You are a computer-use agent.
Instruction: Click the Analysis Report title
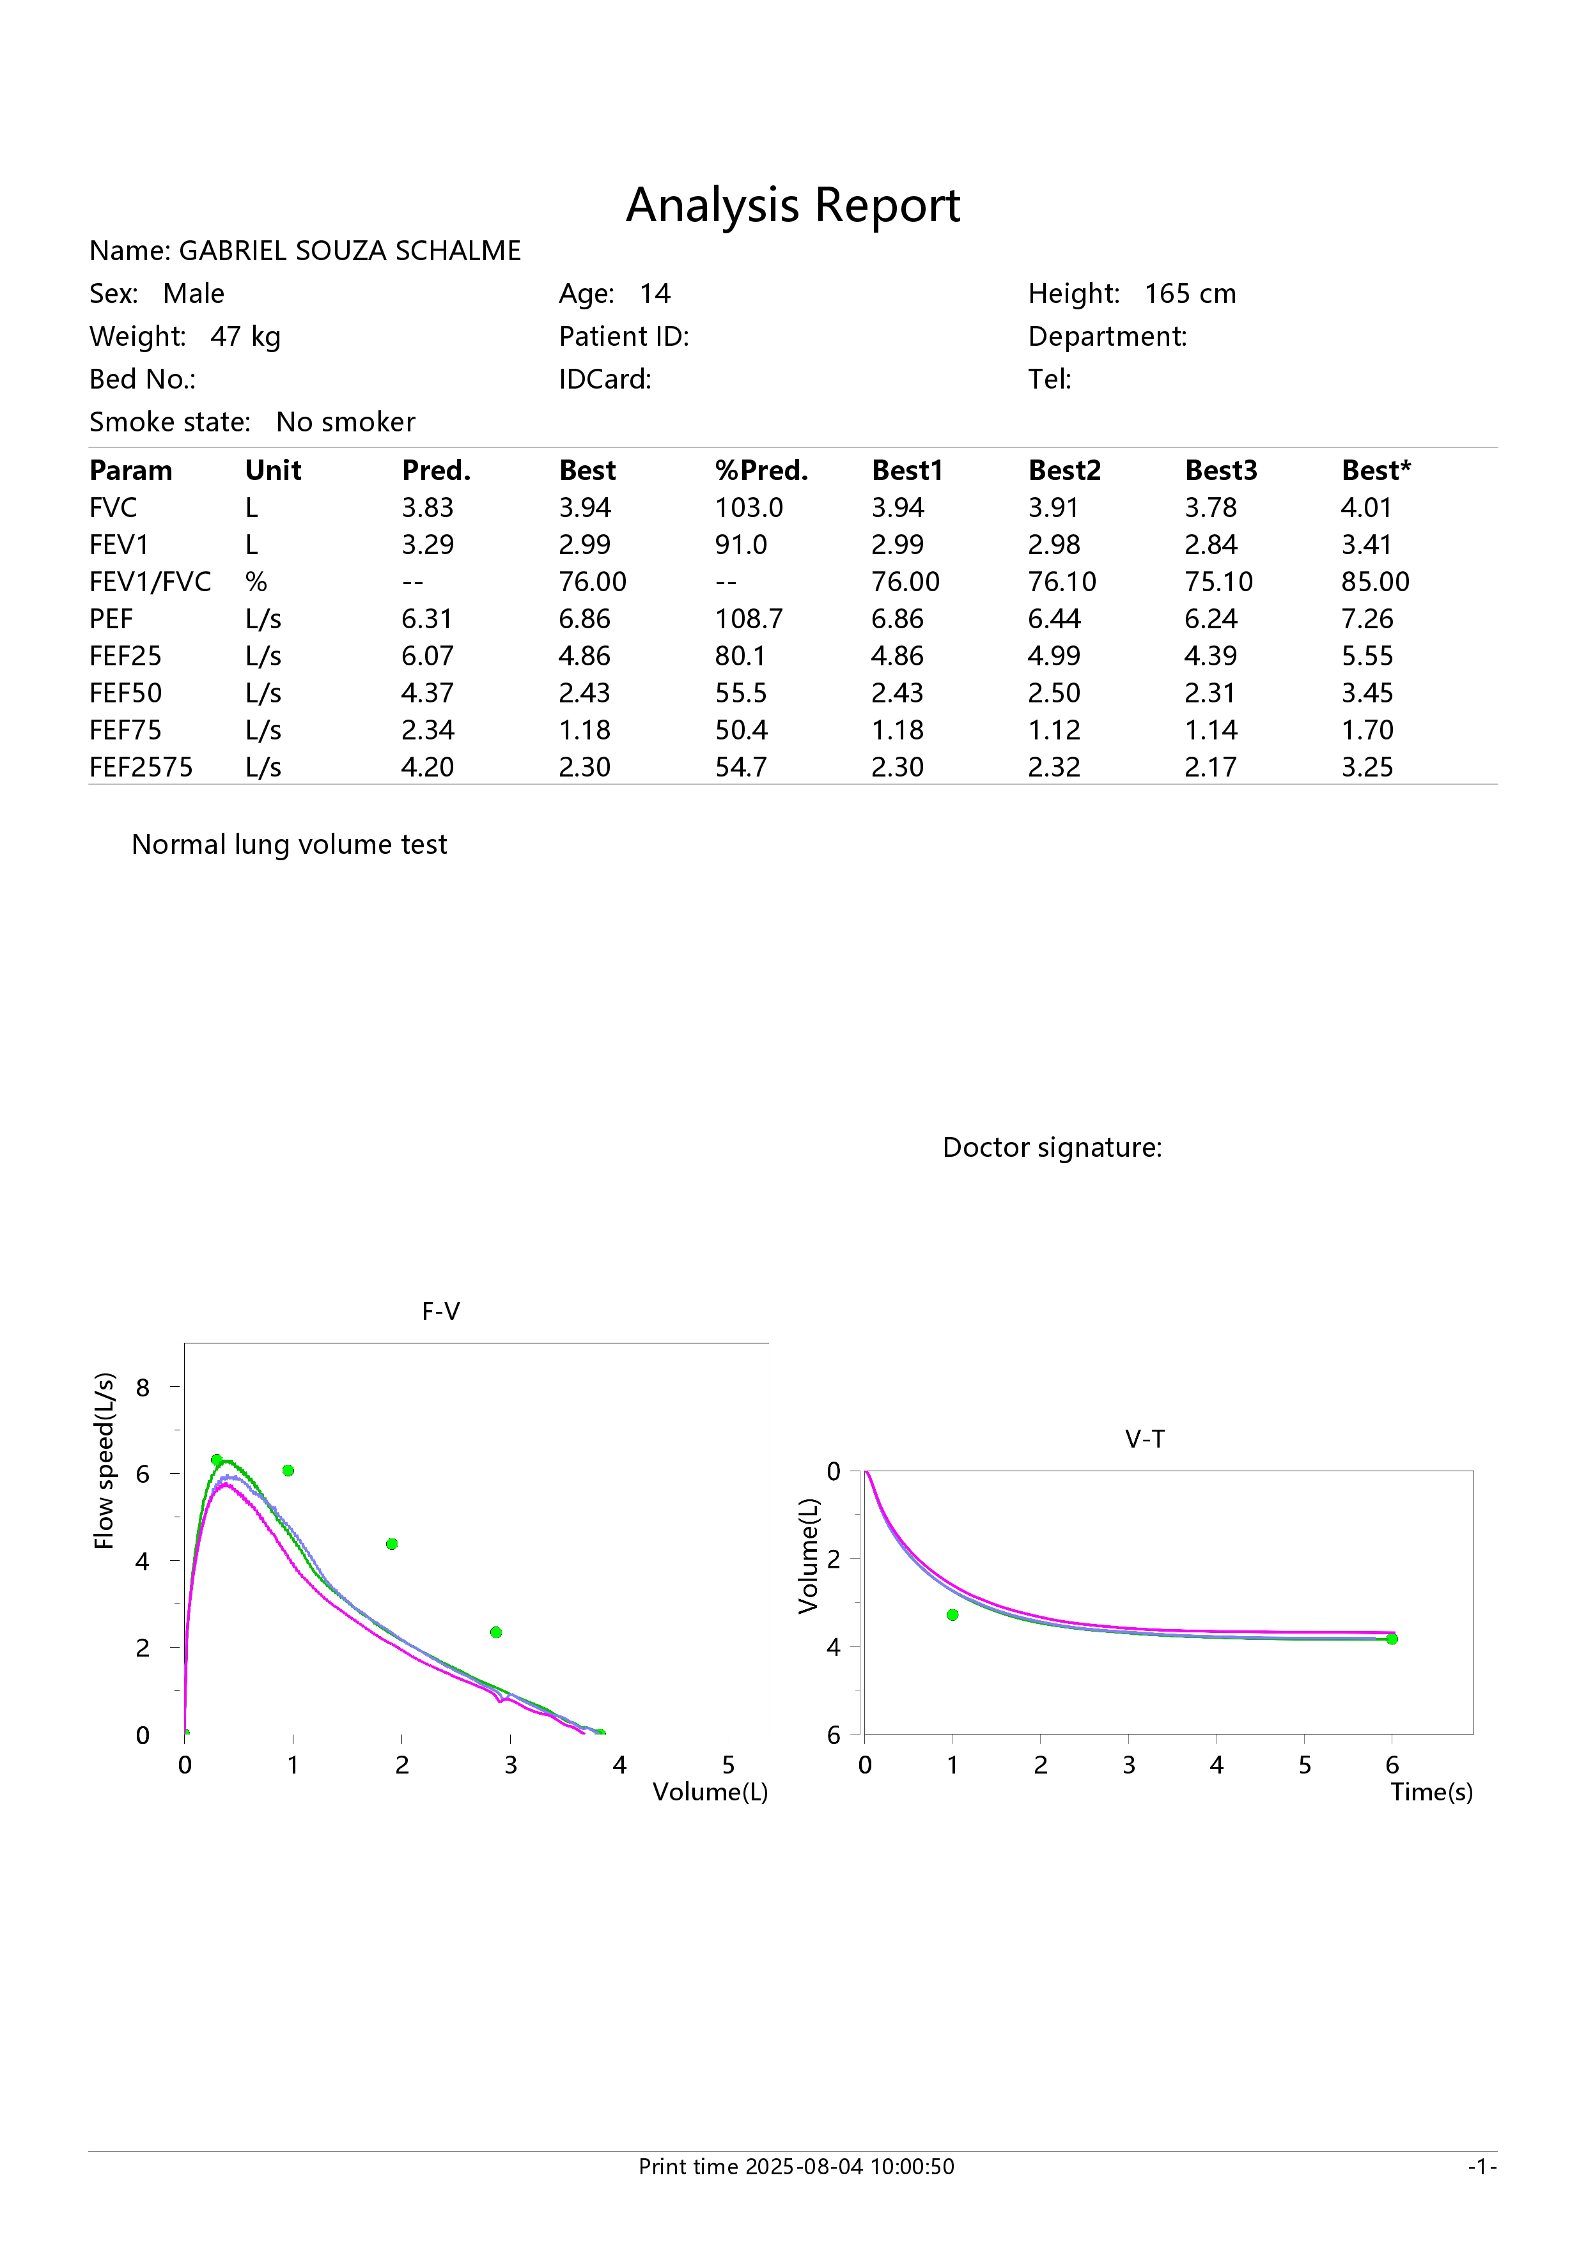click(x=793, y=205)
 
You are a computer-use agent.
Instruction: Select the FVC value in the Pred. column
click(x=428, y=507)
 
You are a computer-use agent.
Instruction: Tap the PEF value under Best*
click(x=1367, y=619)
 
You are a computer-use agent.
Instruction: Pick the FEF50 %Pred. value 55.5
click(x=742, y=693)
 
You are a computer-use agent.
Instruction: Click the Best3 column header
click(x=1221, y=470)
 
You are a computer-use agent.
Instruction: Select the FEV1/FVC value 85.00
click(x=1375, y=582)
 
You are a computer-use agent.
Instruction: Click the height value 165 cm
click(x=1190, y=294)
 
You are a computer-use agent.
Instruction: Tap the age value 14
click(x=655, y=294)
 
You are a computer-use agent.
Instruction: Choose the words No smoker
click(x=346, y=422)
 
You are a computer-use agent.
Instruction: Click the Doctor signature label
click(x=1052, y=1147)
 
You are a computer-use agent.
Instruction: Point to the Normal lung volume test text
click(x=289, y=845)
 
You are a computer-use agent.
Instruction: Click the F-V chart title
click(x=440, y=1311)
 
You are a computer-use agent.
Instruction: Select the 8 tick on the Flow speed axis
click(x=143, y=1388)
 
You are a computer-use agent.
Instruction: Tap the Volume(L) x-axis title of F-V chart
click(x=710, y=1792)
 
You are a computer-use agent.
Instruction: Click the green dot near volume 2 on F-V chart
click(x=392, y=1544)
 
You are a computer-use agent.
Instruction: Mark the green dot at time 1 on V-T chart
click(x=952, y=1615)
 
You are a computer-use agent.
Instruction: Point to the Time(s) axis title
click(x=1432, y=1792)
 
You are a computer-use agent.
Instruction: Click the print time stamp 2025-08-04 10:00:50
click(x=850, y=2167)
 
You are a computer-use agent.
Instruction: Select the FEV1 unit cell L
click(x=252, y=545)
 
